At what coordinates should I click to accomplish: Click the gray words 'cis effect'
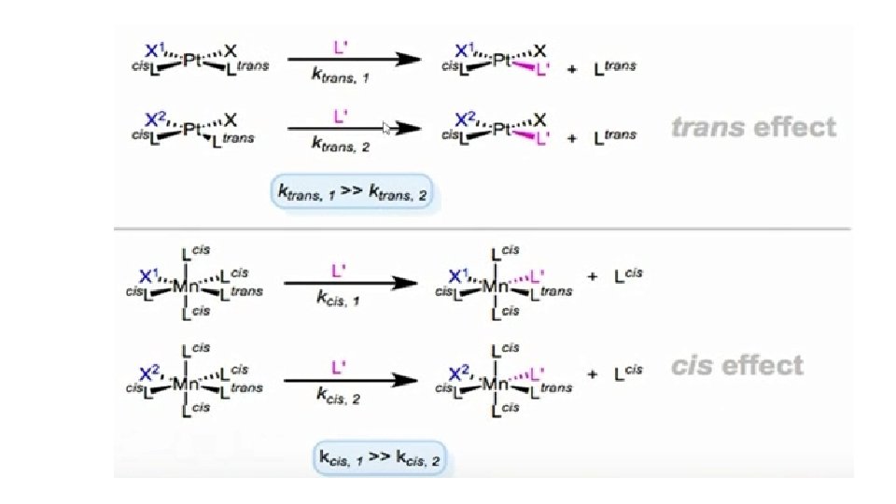coord(736,365)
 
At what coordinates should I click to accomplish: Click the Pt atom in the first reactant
coord(192,62)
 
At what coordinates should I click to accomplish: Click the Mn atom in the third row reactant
coord(185,287)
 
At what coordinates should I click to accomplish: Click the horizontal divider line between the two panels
coord(483,229)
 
